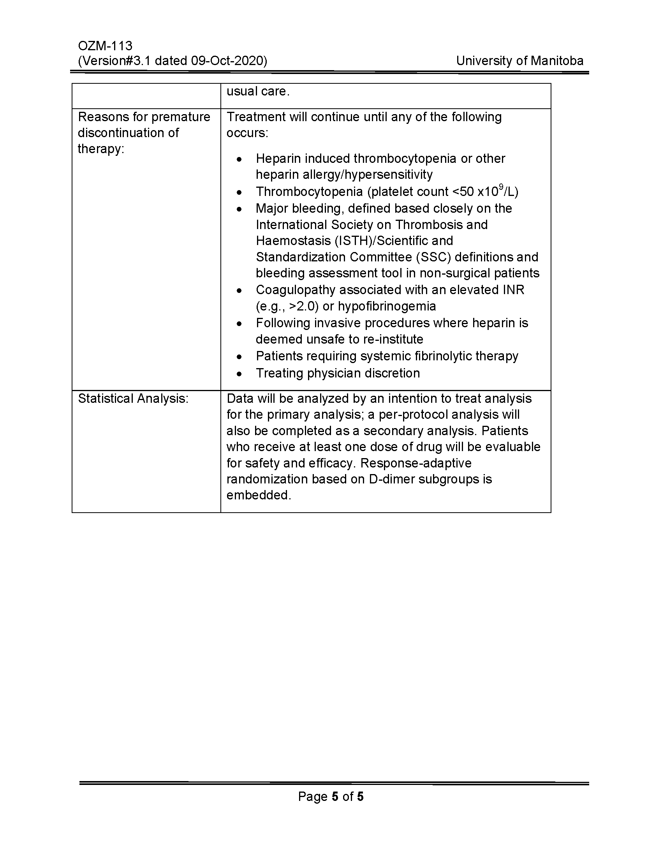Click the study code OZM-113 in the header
pyautogui.click(x=105, y=46)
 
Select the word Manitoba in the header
pyautogui.click(x=557, y=61)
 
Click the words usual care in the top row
pyautogui.click(x=258, y=92)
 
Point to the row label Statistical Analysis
pyautogui.click(x=133, y=399)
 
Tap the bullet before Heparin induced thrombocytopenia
pyautogui.click(x=239, y=160)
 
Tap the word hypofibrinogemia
pyautogui.click(x=387, y=306)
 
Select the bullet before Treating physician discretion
pyautogui.click(x=239, y=374)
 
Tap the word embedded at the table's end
pyautogui.click(x=259, y=495)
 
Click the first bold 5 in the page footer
pyautogui.click(x=335, y=796)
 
